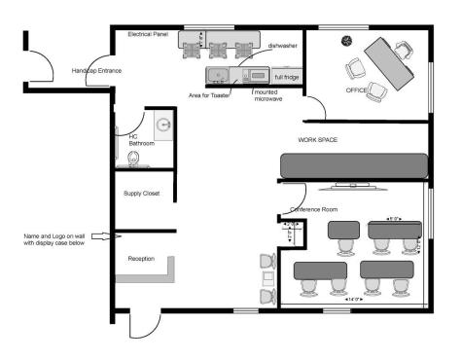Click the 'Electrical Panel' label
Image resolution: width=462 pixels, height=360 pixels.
tap(149, 34)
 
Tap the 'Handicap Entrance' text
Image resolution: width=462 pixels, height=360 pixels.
tap(96, 71)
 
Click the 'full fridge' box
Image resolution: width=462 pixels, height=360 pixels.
tap(286, 76)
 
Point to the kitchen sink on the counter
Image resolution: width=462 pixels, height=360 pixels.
tap(217, 75)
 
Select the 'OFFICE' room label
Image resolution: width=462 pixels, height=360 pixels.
tap(356, 90)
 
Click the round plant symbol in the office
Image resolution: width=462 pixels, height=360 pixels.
tap(347, 40)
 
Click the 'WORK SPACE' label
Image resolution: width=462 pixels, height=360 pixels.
tap(319, 140)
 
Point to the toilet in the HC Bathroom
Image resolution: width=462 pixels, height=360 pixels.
tap(134, 157)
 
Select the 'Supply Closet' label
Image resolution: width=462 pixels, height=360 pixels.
tap(142, 193)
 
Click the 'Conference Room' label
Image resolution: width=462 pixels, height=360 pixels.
tap(314, 209)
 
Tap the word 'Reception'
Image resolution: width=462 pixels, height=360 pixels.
tap(142, 259)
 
